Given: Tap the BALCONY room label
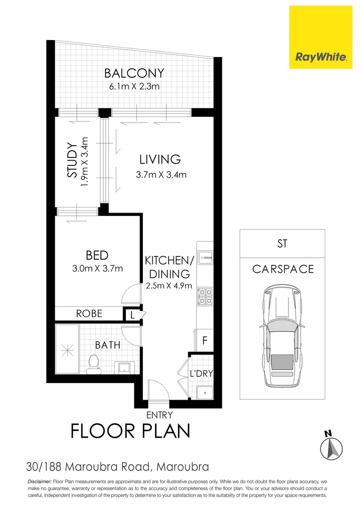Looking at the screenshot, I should click(134, 74).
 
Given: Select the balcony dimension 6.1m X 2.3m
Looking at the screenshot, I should click(134, 86).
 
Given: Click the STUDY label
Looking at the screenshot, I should click(72, 160).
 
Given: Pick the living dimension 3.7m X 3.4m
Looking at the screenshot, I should click(161, 175).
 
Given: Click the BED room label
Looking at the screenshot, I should click(97, 255).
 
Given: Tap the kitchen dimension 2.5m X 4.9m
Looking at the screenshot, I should click(168, 286).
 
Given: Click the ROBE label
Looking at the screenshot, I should click(89, 313).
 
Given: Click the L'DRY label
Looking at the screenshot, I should click(202, 374).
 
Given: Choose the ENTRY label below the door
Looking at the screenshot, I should click(160, 415).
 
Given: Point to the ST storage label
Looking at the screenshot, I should click(282, 244).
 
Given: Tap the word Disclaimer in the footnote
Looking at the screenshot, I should click(39, 482).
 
